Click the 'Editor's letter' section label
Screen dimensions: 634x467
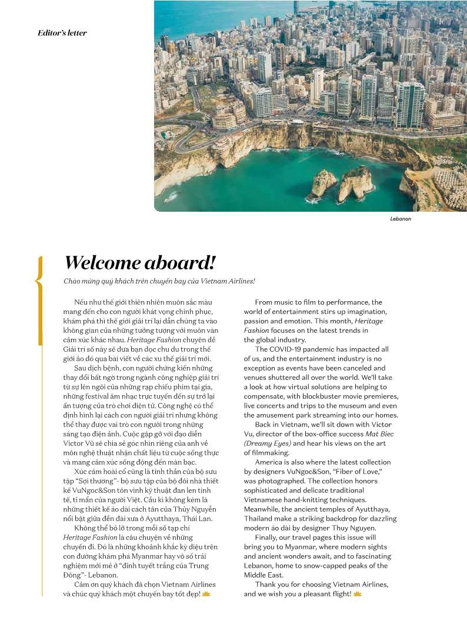click(x=62, y=33)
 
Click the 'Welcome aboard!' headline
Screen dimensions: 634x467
click(x=140, y=262)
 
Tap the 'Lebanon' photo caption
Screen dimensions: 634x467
click(x=401, y=219)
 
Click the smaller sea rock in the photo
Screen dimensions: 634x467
click(x=323, y=183)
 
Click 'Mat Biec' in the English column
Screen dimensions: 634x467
click(x=379, y=434)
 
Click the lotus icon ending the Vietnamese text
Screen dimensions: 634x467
click(x=206, y=595)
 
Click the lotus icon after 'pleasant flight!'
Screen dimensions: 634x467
click(x=357, y=595)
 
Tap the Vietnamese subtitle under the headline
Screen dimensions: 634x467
click(x=159, y=281)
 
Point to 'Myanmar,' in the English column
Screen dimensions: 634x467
click(x=295, y=547)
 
